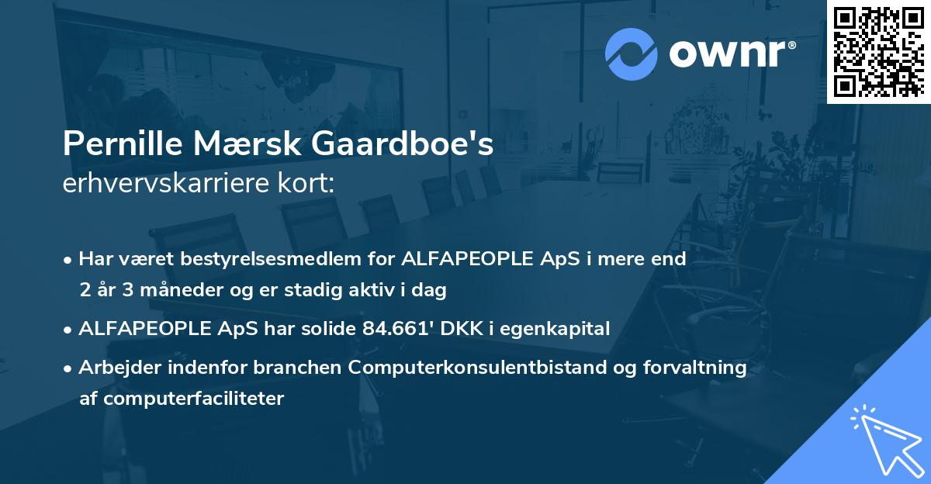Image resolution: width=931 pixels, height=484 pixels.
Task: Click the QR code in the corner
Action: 878,52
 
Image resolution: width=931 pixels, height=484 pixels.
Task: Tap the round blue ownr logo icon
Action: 631,54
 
